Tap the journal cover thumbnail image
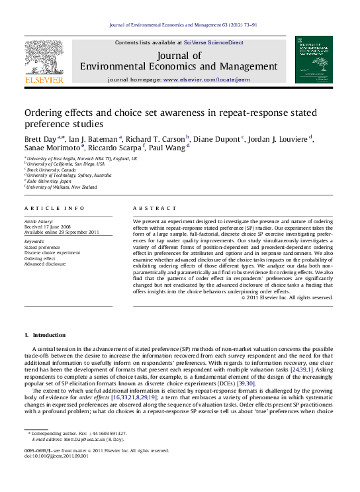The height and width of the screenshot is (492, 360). pos(314,60)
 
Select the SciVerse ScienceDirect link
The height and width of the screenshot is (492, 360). pos(213,42)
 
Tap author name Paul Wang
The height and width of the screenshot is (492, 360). pos(169,149)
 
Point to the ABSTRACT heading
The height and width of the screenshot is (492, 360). pos(152,208)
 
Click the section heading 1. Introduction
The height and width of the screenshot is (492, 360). pos(45,335)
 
